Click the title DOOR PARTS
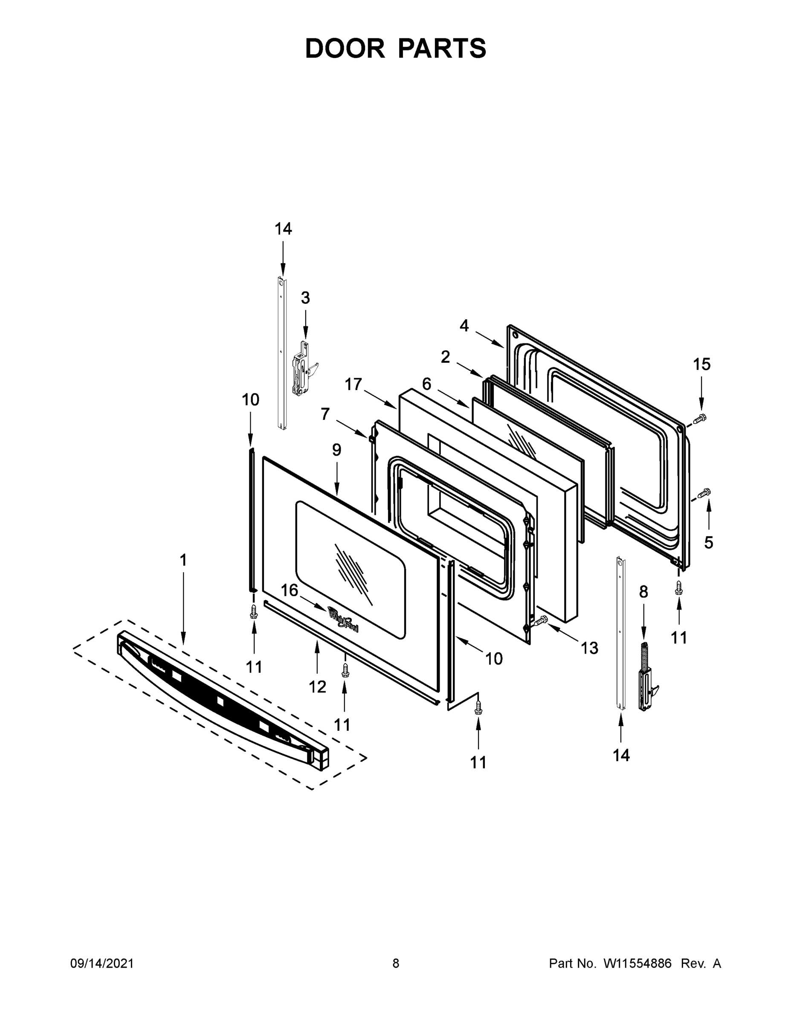tap(396, 48)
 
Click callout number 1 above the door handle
tap(183, 560)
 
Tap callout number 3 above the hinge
tap(305, 298)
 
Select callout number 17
tap(353, 384)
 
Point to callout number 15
tap(701, 364)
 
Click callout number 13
tap(589, 648)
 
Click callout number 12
tap(317, 687)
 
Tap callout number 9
tap(336, 450)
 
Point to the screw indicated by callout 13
tap(540, 621)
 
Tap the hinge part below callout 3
tap(301, 369)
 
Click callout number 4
tap(464, 326)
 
